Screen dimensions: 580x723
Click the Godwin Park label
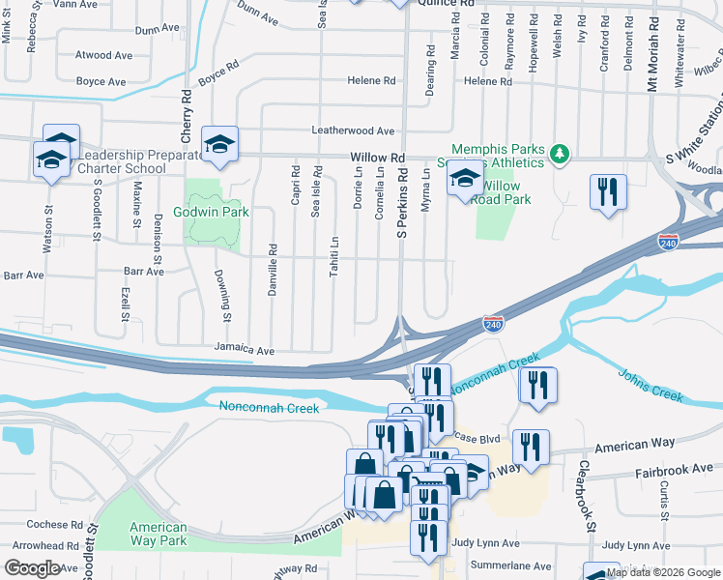[211, 212]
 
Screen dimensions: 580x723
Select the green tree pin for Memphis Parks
[558, 154]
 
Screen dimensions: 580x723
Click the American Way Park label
[159, 534]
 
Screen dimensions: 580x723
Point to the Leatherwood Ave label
[353, 130]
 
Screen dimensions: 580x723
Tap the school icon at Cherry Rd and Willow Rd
[219, 145]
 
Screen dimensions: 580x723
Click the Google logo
[34, 568]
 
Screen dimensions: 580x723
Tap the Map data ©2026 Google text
[663, 572]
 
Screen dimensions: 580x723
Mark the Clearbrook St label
[585, 495]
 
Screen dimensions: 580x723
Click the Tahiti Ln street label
[334, 255]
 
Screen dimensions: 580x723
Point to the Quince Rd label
[446, 4]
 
